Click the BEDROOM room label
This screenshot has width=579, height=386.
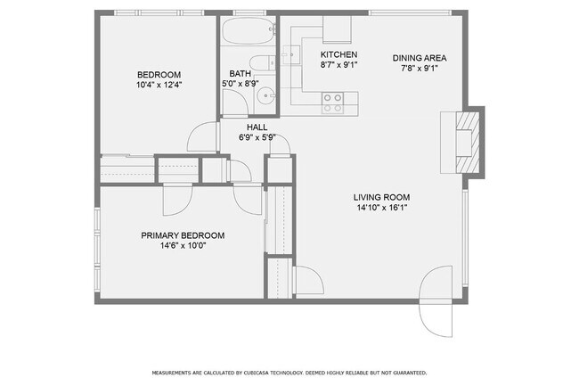[x=159, y=74]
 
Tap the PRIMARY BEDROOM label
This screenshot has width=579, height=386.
[x=183, y=235]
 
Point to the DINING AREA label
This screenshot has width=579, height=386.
[x=420, y=59]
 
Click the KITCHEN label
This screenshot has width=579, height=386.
[x=338, y=54]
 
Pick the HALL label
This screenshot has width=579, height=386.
[x=257, y=127]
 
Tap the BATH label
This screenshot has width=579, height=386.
[x=240, y=74]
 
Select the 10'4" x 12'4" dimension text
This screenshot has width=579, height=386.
[x=159, y=85]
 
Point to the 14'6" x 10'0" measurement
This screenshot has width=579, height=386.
[x=183, y=246]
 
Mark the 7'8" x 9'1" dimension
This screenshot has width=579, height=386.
[x=420, y=70]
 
